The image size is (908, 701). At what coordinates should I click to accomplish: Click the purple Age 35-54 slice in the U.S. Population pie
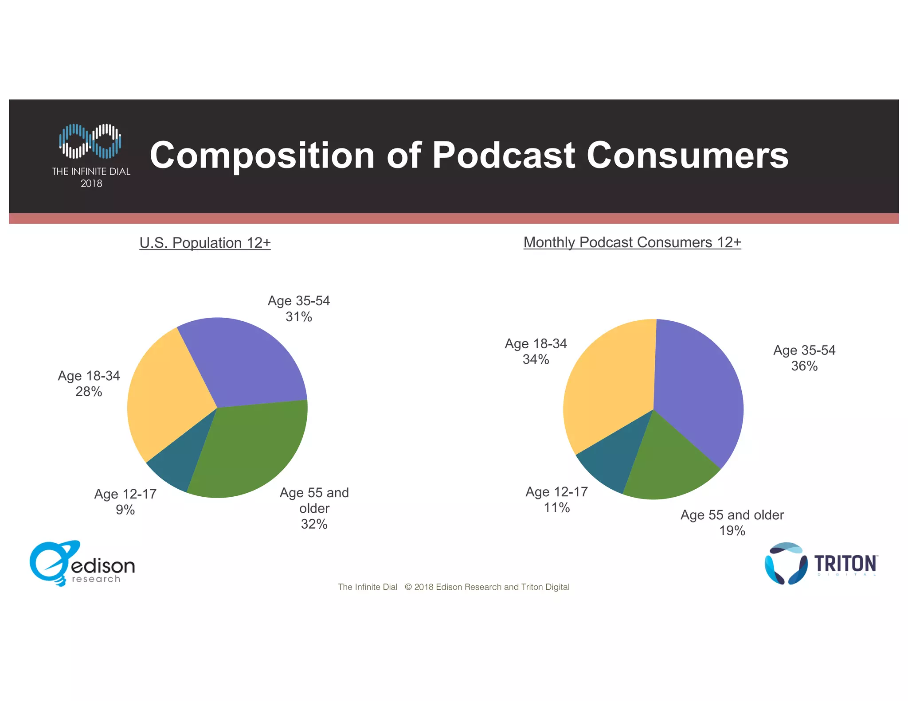click(x=248, y=363)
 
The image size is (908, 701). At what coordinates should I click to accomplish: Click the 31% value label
click(x=298, y=317)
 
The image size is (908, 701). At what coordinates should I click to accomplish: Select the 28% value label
click(x=89, y=392)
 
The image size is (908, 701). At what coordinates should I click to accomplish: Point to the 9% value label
click(x=125, y=510)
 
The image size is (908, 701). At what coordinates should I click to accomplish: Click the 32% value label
click(x=314, y=524)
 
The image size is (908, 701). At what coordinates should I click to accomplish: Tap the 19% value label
click(x=732, y=531)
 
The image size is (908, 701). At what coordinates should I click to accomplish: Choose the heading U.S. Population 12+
click(x=205, y=243)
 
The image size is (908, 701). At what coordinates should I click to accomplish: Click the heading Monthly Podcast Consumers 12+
click(x=632, y=242)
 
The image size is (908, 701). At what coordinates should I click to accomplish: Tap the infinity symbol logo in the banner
click(x=90, y=141)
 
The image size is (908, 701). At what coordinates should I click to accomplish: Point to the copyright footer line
click(x=454, y=587)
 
